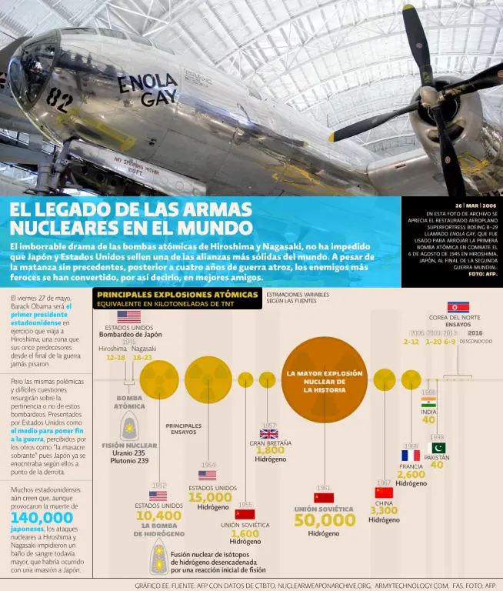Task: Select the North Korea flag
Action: coord(458,307)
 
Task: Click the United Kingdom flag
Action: coord(268,434)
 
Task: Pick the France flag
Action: coord(411,456)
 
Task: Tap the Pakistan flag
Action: coord(437,448)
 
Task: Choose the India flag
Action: coord(428,402)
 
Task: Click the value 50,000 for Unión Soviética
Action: coord(325,520)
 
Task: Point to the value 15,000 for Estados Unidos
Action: coord(210,497)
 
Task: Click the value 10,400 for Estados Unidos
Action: coord(158,516)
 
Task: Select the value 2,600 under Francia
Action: coord(411,474)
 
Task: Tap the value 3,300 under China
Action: coord(384,510)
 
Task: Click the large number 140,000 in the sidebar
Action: coord(42,518)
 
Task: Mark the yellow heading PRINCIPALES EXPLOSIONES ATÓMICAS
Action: coord(177,295)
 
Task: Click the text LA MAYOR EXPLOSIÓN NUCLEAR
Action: coord(324,377)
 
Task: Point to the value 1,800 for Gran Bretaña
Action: coord(270,450)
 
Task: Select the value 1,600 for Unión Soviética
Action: coord(245,533)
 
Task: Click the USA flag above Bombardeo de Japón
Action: coord(129,316)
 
